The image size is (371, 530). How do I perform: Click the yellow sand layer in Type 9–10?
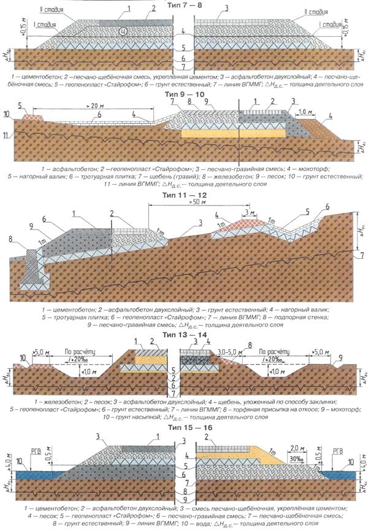pos(234,132)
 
